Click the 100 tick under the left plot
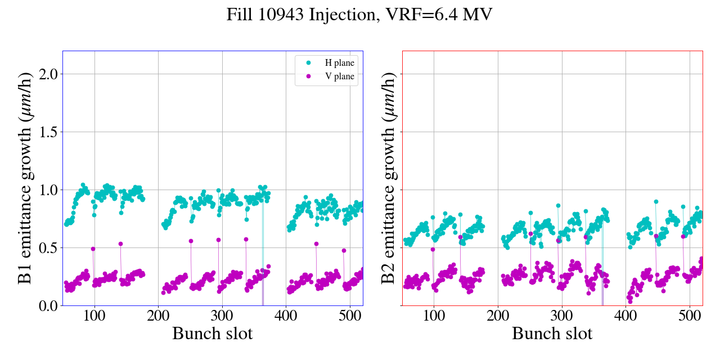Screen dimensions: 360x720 [94, 315]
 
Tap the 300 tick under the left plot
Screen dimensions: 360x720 [222, 315]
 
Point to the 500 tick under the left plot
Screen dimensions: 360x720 [350, 315]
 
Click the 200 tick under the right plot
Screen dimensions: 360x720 [498, 315]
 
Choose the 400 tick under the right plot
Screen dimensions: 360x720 [626, 315]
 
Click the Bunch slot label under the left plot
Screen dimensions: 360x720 [213, 333]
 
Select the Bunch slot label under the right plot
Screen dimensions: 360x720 [552, 333]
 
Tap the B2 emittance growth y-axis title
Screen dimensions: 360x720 [388, 178]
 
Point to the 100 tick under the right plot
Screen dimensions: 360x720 [434, 315]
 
